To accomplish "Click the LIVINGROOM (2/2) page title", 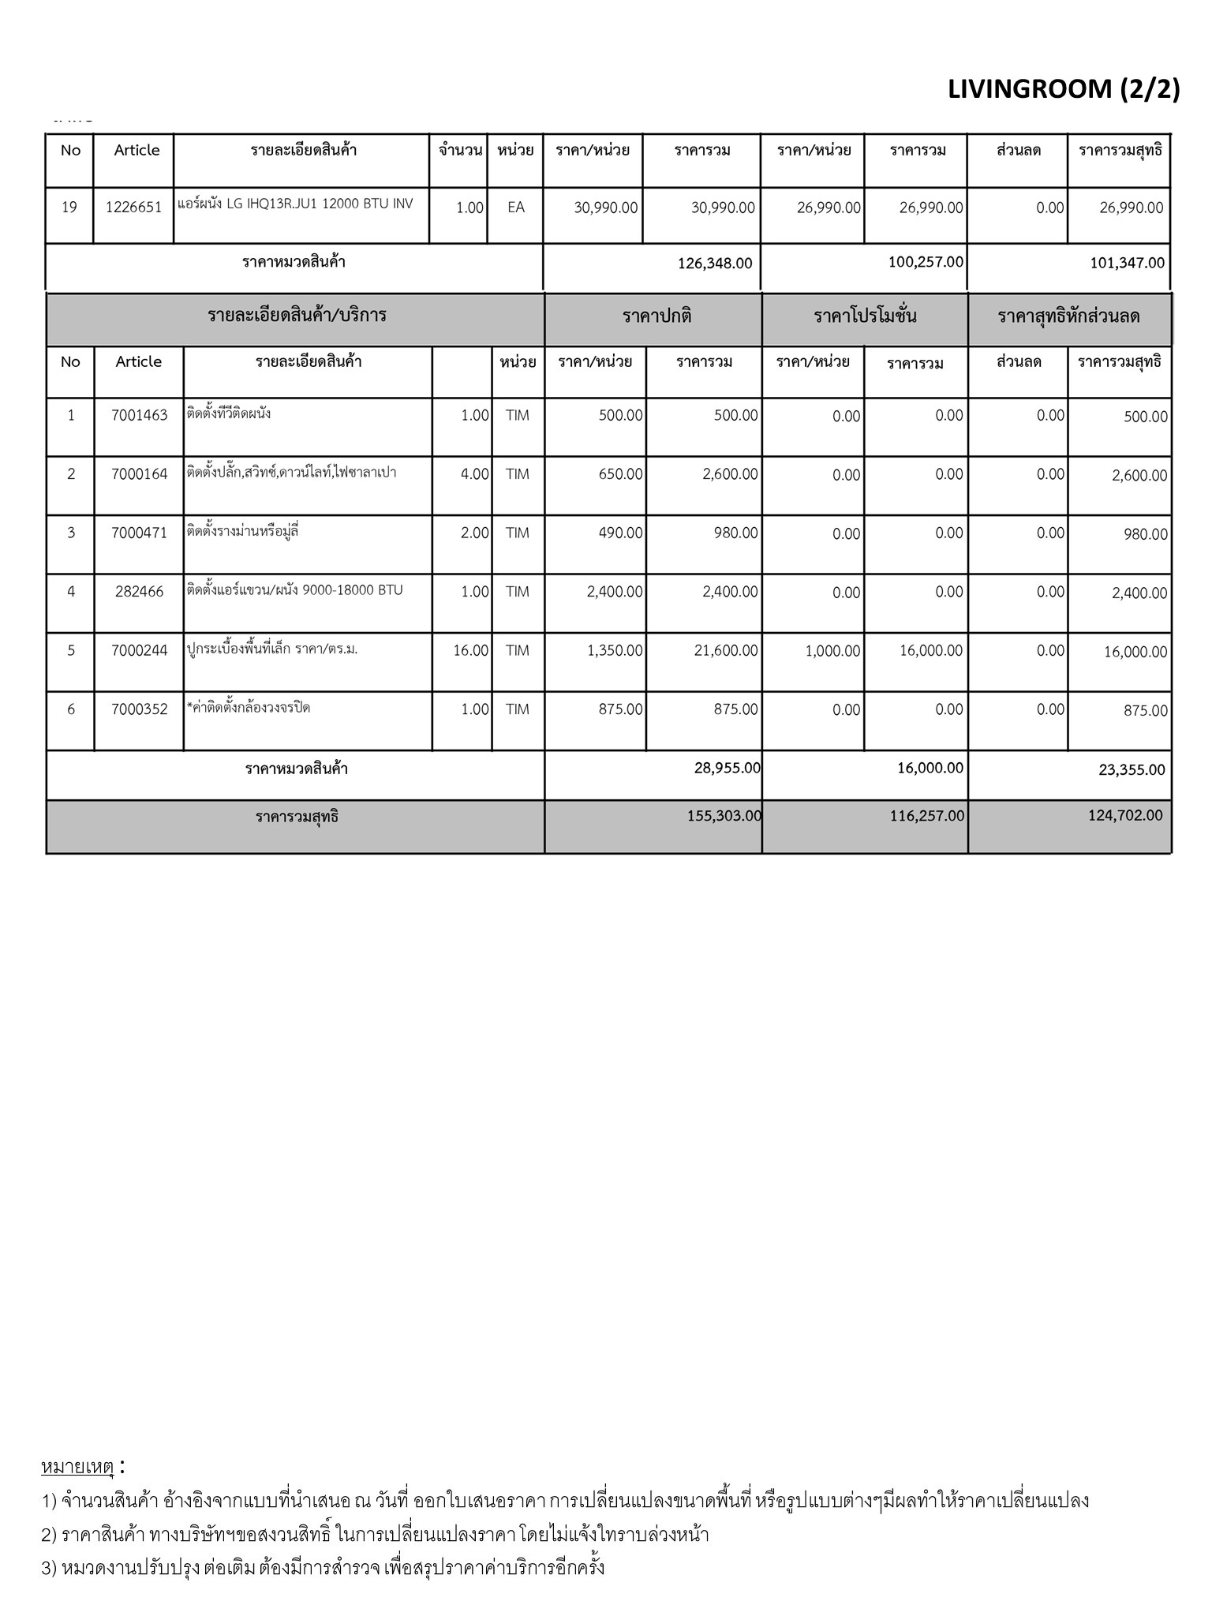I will [x=1063, y=90].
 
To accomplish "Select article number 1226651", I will [x=133, y=208].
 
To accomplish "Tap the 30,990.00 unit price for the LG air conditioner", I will [x=605, y=208].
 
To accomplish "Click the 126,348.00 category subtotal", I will [x=714, y=263].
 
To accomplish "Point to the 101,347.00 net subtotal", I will [x=1127, y=263].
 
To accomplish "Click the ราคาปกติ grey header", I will [x=656, y=317].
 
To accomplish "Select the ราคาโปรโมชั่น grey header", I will [x=865, y=317].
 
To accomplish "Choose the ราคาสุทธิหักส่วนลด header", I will [x=1068, y=317].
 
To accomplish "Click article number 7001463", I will [x=140, y=416].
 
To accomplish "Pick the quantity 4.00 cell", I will [x=474, y=474].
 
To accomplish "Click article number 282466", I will [x=140, y=592].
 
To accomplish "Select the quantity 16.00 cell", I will [x=471, y=651].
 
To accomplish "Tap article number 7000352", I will [x=140, y=709].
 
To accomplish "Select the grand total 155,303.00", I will [x=724, y=816].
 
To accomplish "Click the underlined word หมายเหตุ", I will [x=77, y=1468].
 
